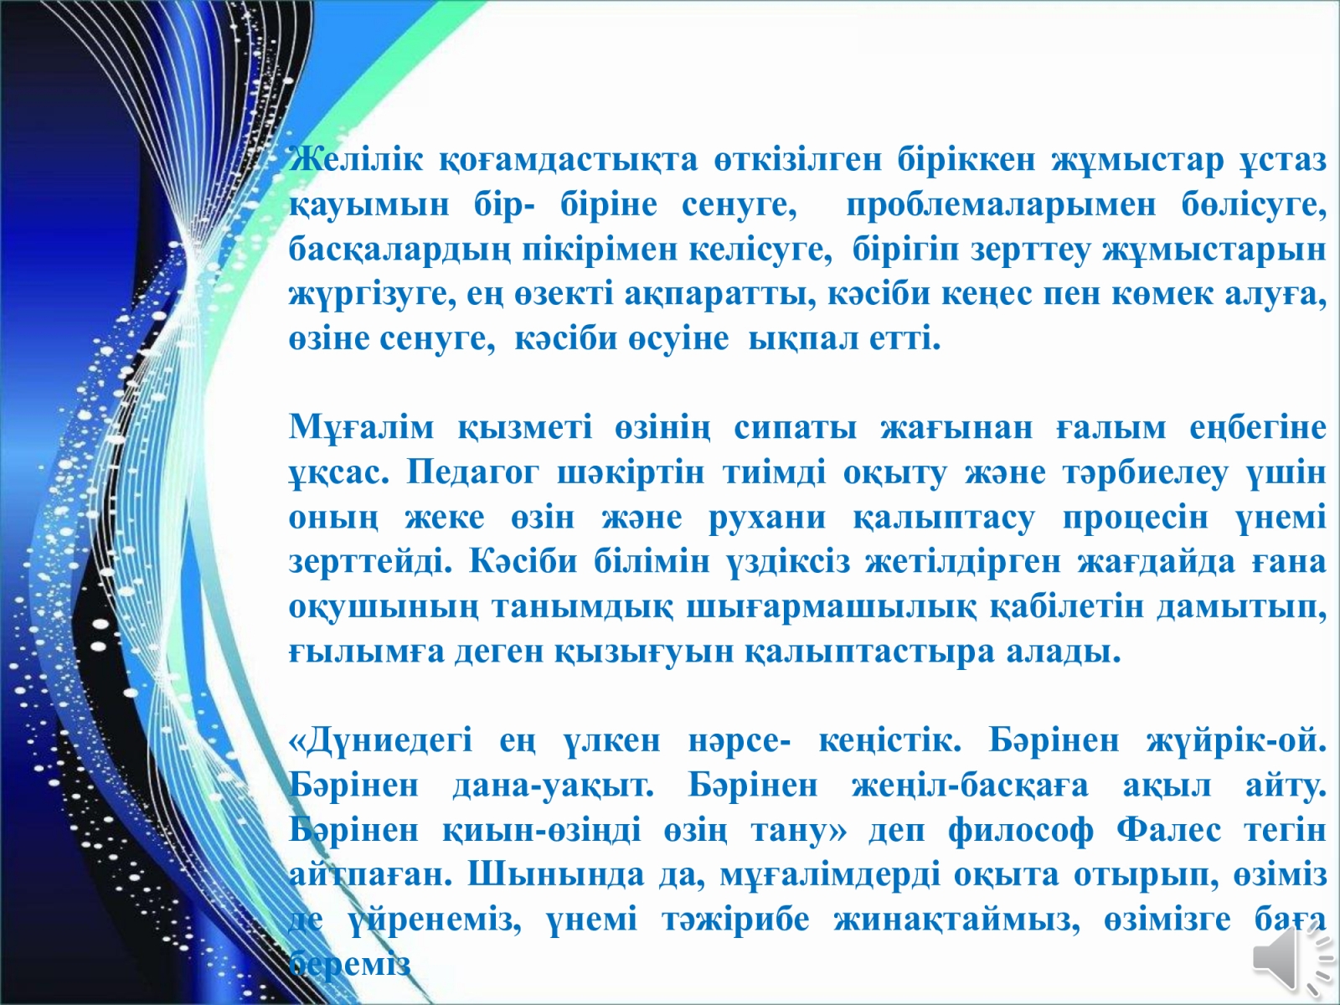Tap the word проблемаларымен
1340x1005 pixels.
(1001, 206)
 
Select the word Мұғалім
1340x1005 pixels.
(362, 427)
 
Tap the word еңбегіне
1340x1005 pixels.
(1258, 428)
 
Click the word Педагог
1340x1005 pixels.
(473, 473)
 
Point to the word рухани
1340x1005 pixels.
(767, 518)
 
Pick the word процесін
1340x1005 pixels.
(1136, 518)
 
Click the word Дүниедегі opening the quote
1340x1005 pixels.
(381, 742)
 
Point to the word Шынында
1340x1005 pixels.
(556, 876)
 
